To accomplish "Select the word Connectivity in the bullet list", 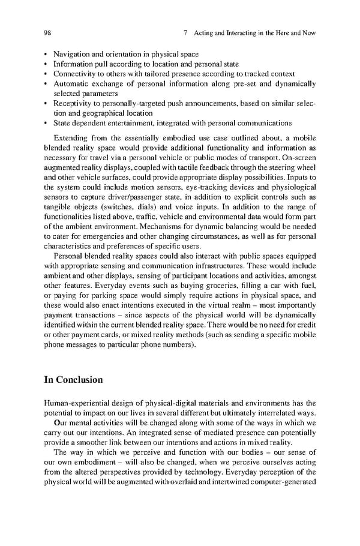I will click(74, 74).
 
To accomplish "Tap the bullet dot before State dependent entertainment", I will click(46, 123).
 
